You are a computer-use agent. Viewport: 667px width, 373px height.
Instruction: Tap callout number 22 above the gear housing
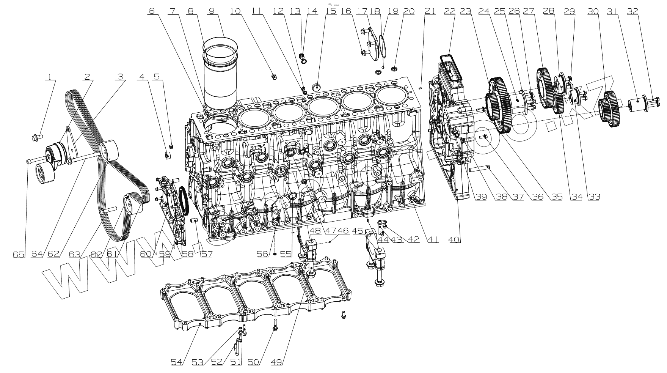coord(450,11)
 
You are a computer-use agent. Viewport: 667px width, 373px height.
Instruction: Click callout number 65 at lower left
coord(18,254)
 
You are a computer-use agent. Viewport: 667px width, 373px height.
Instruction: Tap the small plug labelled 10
coord(274,77)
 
